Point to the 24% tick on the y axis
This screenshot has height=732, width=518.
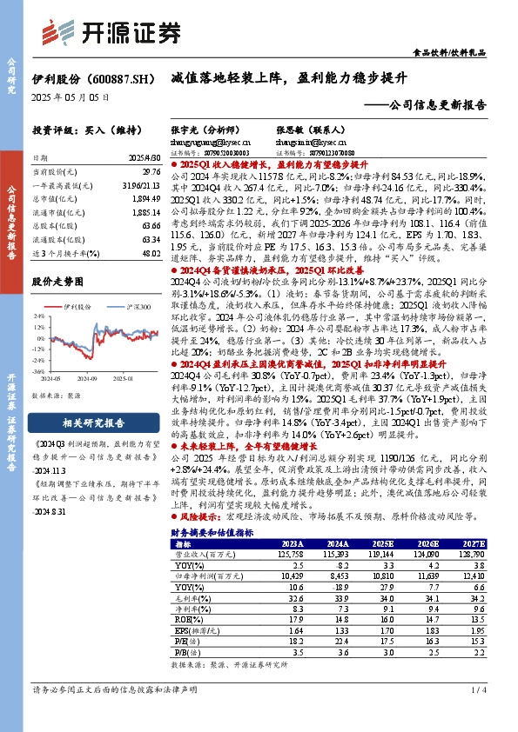click(39, 316)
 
